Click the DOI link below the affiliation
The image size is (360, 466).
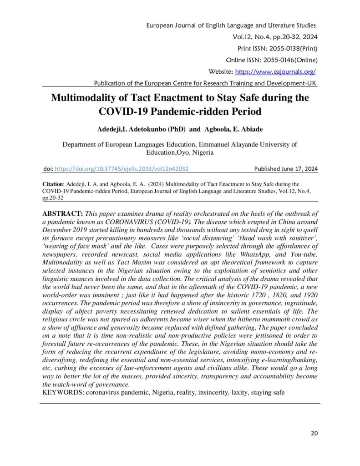(122, 168)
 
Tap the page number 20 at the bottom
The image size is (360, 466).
(314, 433)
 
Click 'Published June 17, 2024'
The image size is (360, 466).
(286, 168)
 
